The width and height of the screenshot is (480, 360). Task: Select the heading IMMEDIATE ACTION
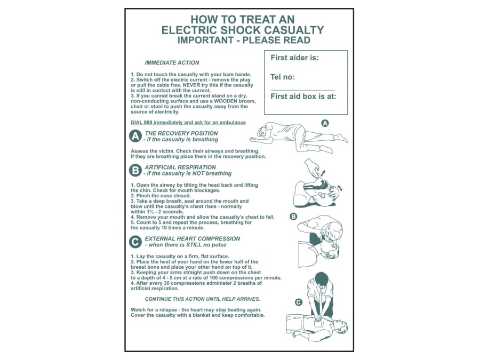(x=172, y=63)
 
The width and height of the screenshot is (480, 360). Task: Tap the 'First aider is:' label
(x=294, y=58)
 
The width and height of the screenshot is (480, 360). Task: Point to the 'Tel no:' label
(x=283, y=77)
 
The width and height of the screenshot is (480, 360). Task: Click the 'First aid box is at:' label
(x=303, y=97)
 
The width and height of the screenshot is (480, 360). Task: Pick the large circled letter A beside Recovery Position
(x=136, y=136)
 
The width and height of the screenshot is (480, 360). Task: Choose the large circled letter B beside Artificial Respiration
(x=136, y=170)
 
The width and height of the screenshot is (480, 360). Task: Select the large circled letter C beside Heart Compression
(x=136, y=242)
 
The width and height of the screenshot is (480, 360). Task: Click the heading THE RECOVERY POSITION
(x=181, y=133)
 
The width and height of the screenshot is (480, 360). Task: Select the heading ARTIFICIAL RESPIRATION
(x=180, y=167)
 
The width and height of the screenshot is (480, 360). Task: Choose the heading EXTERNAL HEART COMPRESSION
(x=192, y=238)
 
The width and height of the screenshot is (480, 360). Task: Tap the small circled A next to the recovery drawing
(x=325, y=123)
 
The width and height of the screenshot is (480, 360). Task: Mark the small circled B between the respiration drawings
(x=293, y=216)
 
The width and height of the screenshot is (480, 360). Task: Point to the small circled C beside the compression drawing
(x=299, y=302)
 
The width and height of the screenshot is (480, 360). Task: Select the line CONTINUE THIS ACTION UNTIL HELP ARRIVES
(x=203, y=299)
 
